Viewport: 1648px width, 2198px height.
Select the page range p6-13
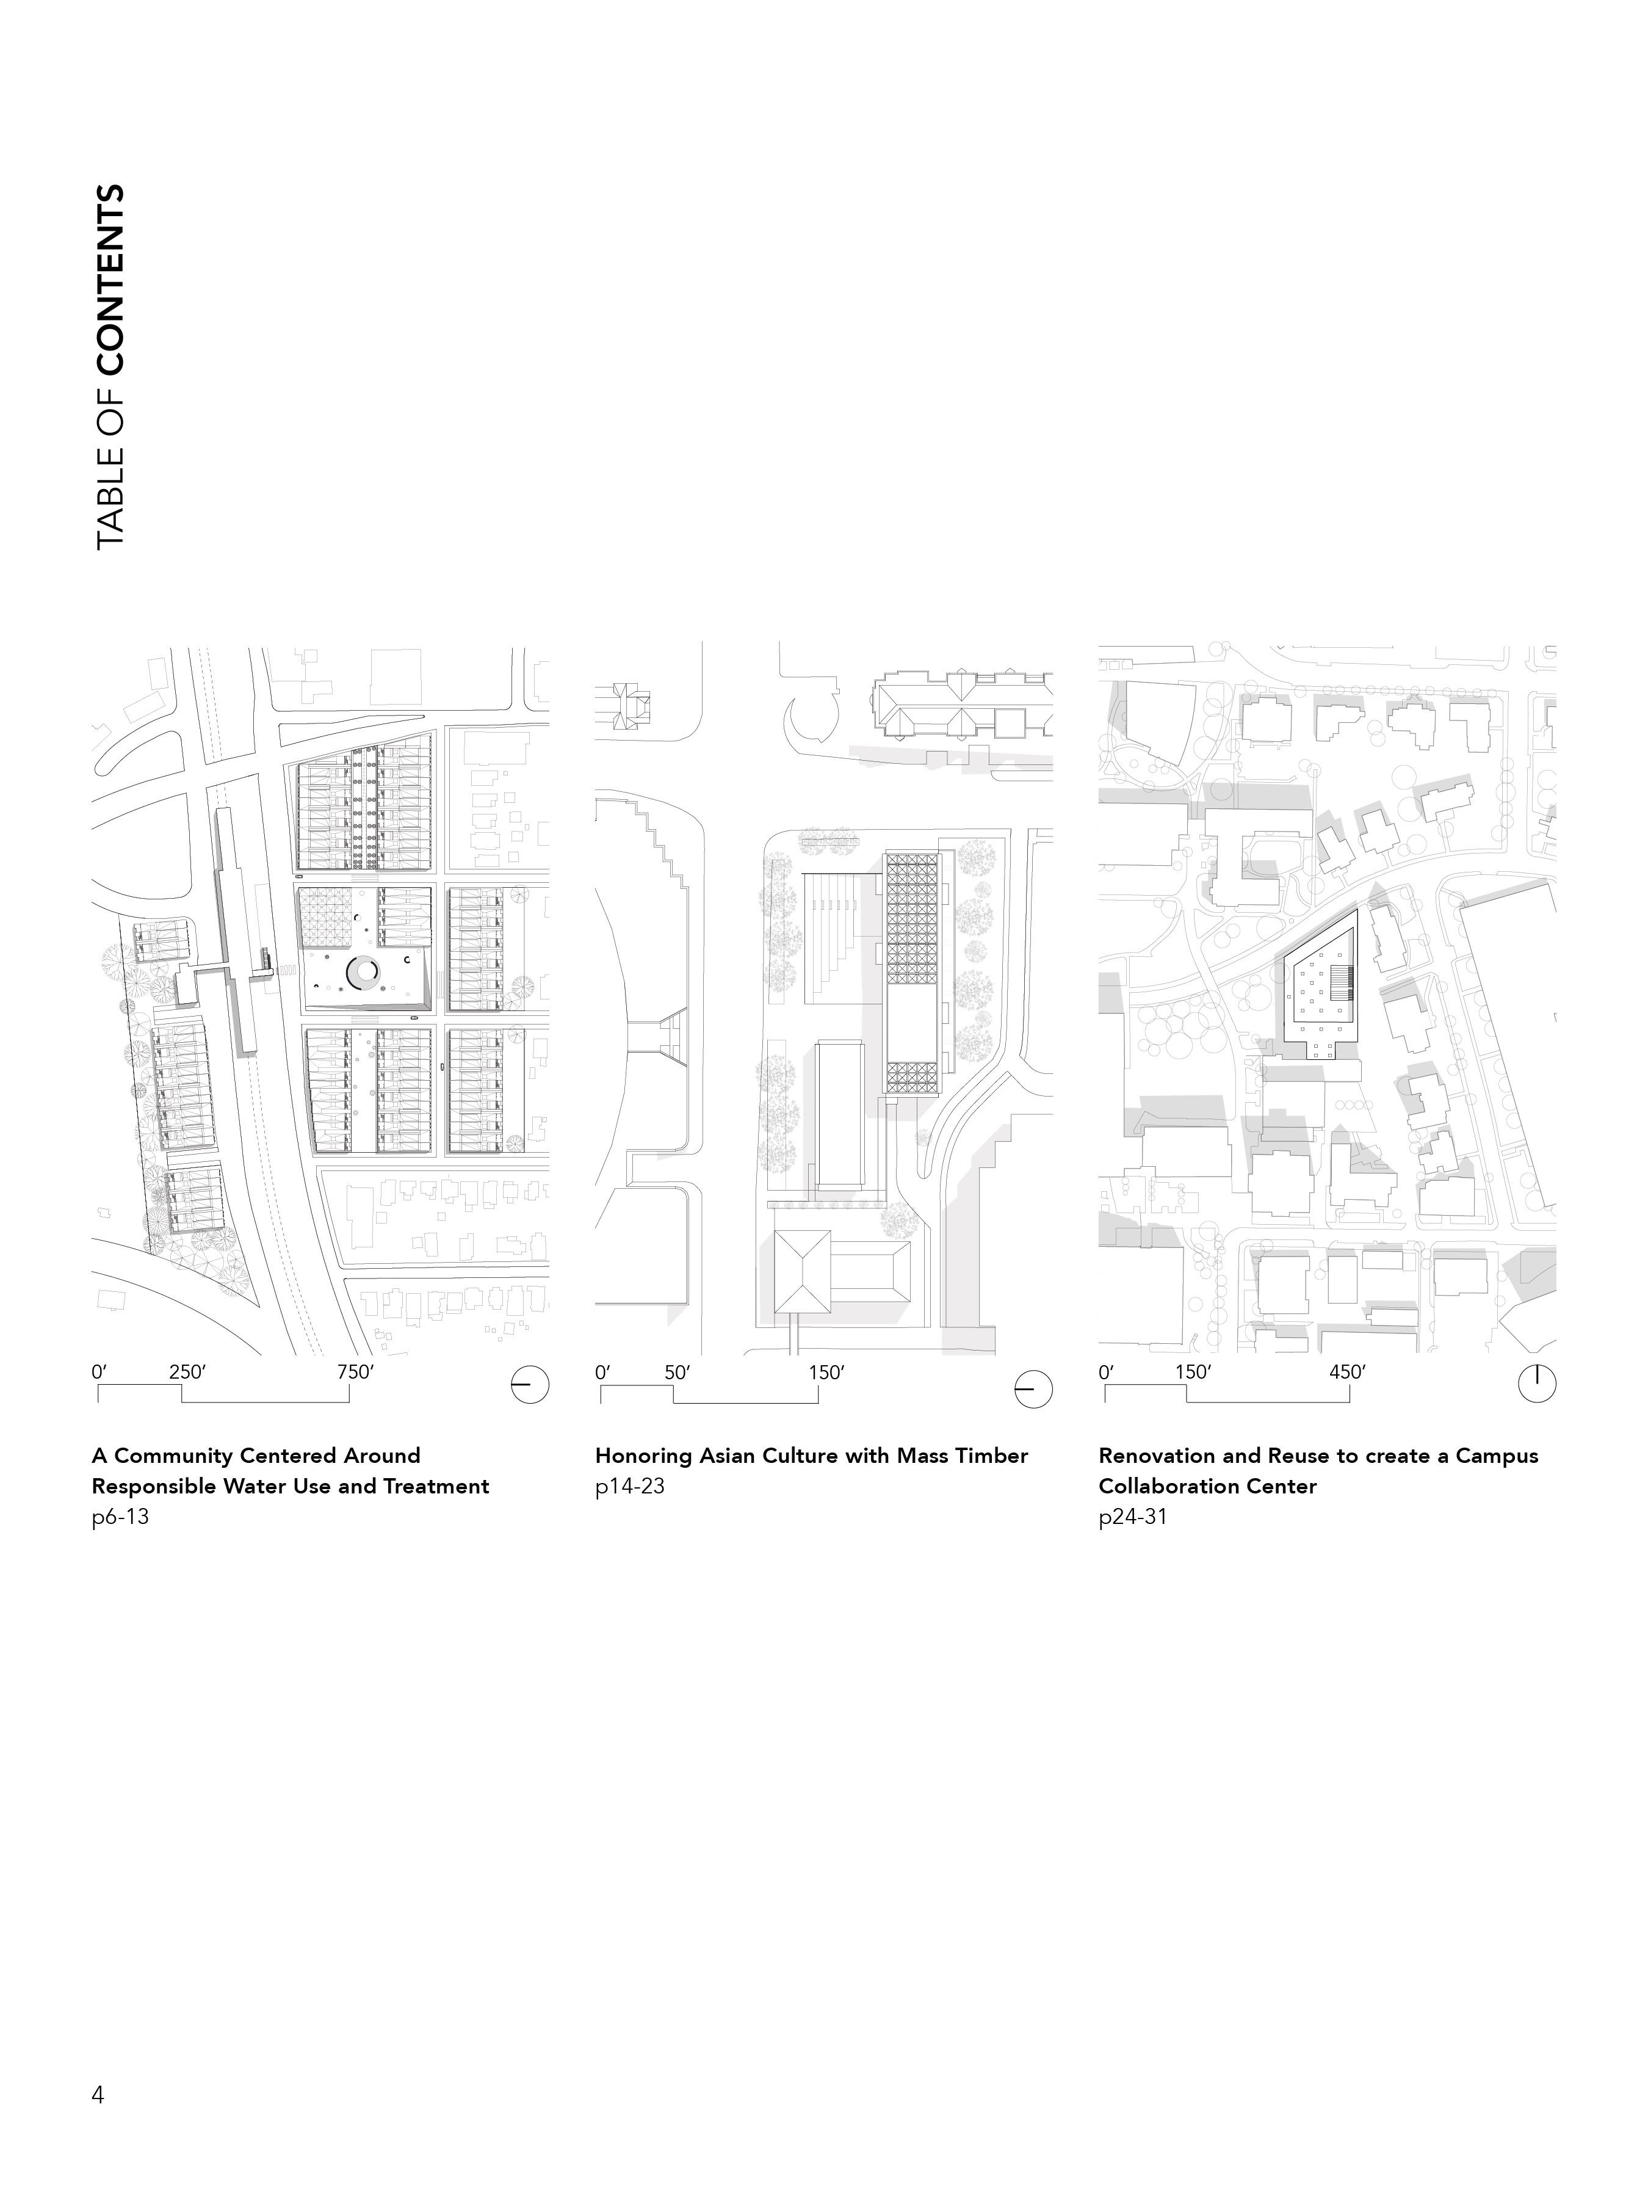coord(120,1517)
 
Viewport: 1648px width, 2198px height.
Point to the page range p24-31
coord(1132,1517)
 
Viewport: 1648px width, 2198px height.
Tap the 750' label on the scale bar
coord(355,1373)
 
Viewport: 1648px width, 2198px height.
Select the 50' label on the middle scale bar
coord(676,1373)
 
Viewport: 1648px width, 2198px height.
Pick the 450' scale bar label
coord(1347,1373)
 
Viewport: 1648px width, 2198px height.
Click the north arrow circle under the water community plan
coord(529,1384)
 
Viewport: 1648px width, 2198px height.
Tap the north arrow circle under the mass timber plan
coord(1033,1388)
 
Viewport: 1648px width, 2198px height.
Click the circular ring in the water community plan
coord(361,973)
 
